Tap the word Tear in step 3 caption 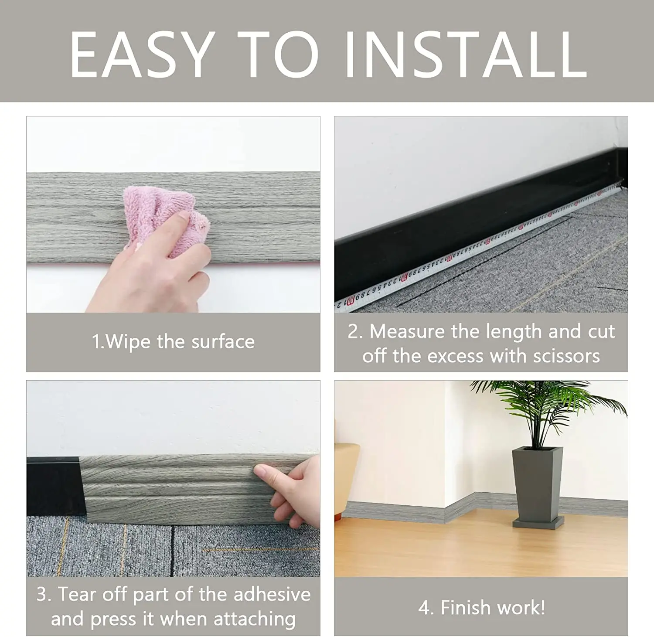[77, 594]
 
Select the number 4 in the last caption [424, 608]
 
